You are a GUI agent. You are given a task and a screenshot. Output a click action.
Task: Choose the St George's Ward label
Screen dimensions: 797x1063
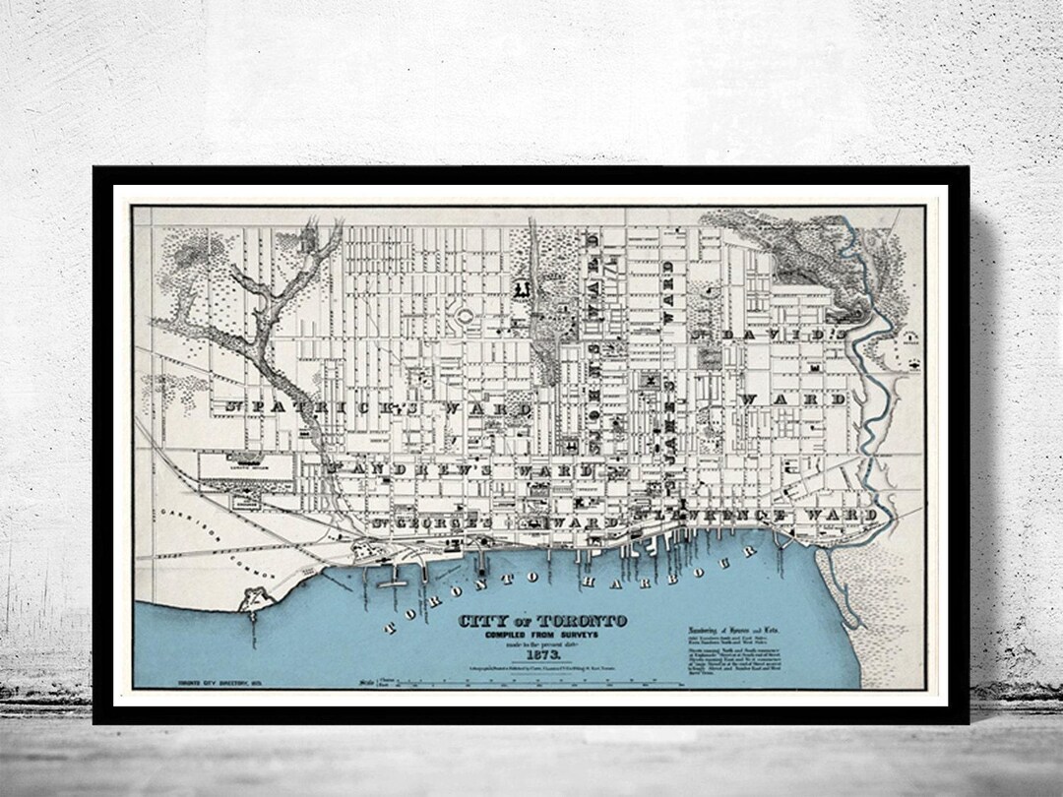[x=492, y=520]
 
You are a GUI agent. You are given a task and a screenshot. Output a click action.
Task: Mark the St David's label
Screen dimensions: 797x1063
[x=768, y=336]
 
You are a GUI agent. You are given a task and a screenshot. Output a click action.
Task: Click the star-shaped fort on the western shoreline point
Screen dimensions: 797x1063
[x=254, y=598]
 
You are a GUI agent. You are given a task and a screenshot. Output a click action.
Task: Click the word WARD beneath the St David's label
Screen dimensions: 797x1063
[x=795, y=399]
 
